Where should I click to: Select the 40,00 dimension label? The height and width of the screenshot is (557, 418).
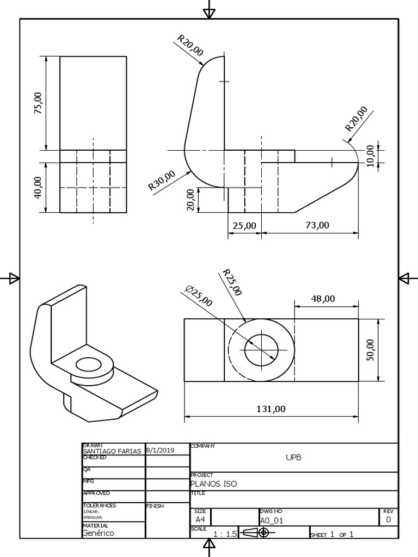[x=38, y=187]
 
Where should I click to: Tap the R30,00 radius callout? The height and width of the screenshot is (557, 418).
[x=162, y=181]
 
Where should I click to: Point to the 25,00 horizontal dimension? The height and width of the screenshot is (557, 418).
[x=244, y=225]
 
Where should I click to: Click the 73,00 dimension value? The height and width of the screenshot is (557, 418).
[x=317, y=225]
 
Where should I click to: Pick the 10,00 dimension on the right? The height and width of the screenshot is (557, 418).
[x=371, y=156]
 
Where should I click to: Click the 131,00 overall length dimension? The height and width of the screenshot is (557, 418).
[x=271, y=409]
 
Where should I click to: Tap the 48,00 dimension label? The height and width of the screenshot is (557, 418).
[x=323, y=298]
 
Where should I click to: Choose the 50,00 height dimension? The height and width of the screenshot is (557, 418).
[x=371, y=350]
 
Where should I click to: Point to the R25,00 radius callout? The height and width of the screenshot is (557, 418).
[x=232, y=282]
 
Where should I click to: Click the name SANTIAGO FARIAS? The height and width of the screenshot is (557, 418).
[x=112, y=451]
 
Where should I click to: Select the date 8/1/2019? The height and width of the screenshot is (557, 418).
[x=160, y=450]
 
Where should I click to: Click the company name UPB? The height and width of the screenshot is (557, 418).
[x=293, y=457]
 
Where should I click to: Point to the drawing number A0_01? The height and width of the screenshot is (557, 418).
[x=272, y=520]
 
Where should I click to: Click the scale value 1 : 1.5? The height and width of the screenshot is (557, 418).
[x=225, y=534]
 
